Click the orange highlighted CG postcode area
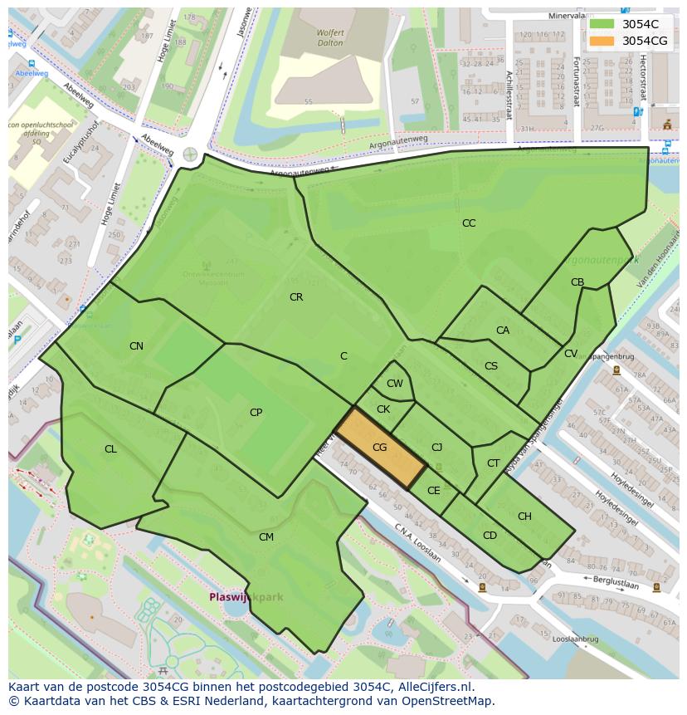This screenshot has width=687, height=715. [380, 448]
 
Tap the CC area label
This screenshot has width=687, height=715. [469, 223]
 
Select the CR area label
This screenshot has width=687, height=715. [296, 297]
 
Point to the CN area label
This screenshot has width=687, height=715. [136, 346]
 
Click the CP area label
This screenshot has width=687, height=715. [256, 413]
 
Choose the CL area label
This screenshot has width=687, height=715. [110, 449]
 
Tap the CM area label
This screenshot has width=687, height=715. [266, 537]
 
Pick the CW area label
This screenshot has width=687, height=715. [395, 384]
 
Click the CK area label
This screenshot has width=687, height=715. [383, 409]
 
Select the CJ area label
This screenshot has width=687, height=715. [436, 448]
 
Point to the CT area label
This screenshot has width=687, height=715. [494, 463]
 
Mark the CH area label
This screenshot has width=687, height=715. [524, 517]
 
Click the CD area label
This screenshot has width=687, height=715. [490, 536]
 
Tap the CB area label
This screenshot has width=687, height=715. [577, 282]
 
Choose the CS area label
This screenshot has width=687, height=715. [491, 366]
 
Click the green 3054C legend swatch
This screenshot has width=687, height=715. [602, 24]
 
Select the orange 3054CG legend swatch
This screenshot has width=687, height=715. [602, 40]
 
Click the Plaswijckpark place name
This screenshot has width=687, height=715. [246, 597]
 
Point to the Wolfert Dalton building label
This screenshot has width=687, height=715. [307, 38]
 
